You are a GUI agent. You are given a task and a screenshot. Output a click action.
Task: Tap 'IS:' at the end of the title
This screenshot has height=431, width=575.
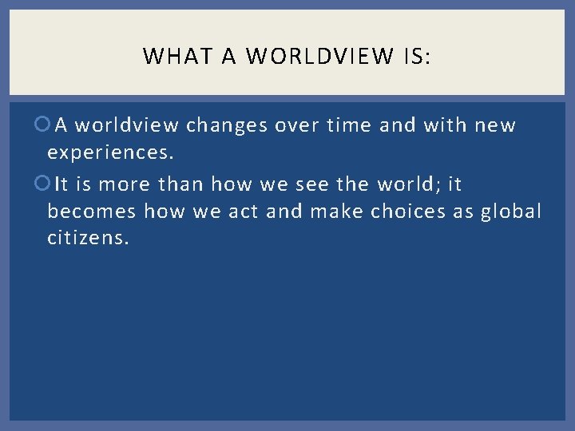pyautogui.click(x=416, y=57)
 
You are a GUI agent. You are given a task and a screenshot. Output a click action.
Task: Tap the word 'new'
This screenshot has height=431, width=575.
pyautogui.click(x=495, y=125)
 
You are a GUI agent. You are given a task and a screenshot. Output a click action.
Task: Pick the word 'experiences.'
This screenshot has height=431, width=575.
pyautogui.click(x=110, y=152)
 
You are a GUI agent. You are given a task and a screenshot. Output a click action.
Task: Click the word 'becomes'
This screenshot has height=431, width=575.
pyautogui.click(x=91, y=211)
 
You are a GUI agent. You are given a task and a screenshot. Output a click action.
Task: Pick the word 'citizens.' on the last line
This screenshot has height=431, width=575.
pyautogui.click(x=87, y=238)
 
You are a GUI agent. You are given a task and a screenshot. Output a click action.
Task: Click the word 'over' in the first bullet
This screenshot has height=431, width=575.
pyautogui.click(x=299, y=125)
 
